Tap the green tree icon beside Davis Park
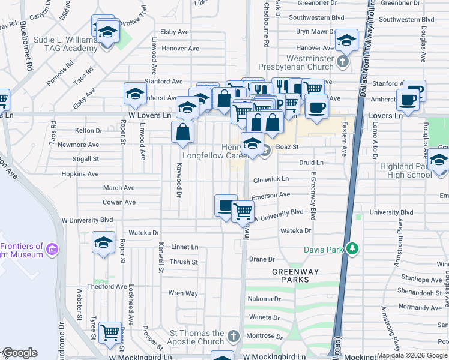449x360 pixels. (354, 248)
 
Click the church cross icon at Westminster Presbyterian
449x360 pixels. (342, 61)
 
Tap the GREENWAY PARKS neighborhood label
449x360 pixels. (291, 275)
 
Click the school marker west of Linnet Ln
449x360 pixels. (104, 243)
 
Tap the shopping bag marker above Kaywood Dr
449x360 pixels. (183, 132)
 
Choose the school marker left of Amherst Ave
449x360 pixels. (136, 94)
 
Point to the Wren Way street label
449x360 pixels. (183, 293)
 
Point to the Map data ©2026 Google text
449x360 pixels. (412, 356)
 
